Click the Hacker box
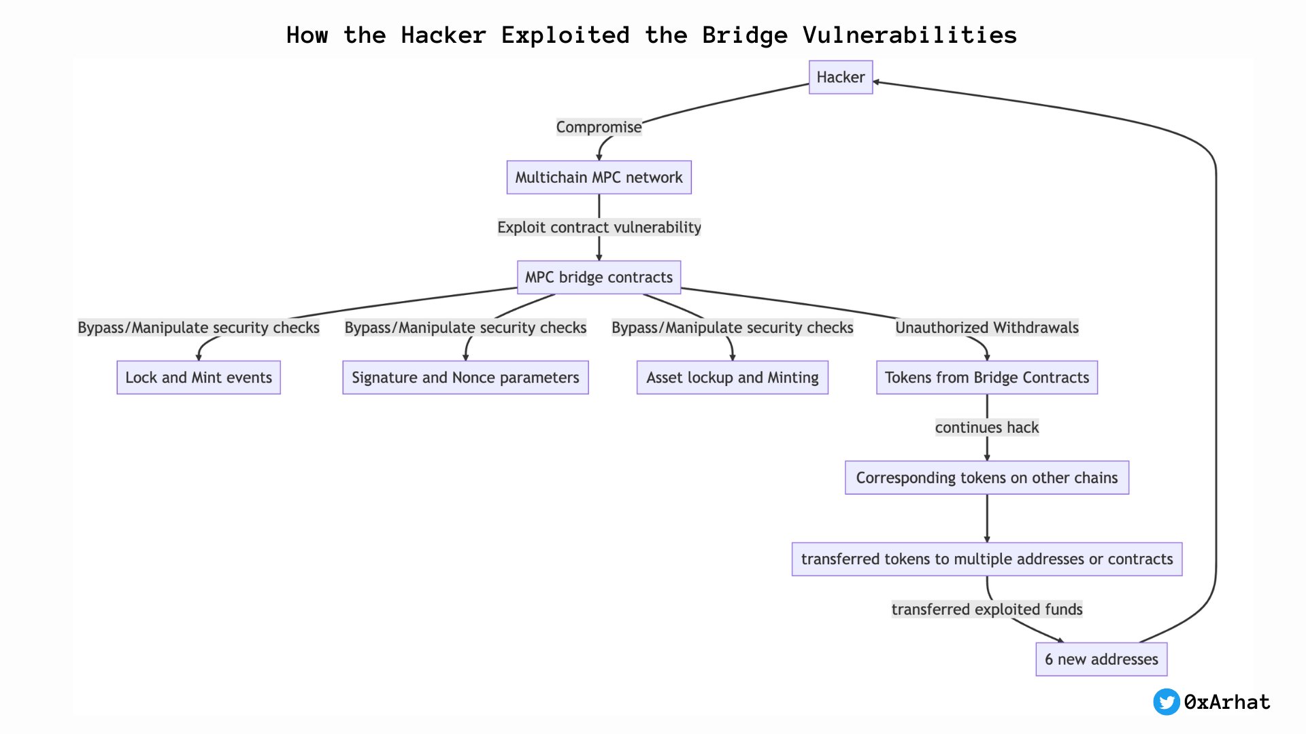pos(840,77)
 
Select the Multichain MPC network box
pos(599,177)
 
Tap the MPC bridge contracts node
pos(599,277)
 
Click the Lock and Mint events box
pos(199,378)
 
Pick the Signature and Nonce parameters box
pos(465,378)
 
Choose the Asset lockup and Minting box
pos(732,378)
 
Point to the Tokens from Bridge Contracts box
pos(986,378)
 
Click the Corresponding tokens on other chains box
pos(986,478)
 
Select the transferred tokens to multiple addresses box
pos(986,559)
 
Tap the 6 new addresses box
pos(1101,659)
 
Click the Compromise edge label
pos(599,127)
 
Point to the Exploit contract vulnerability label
pos(599,227)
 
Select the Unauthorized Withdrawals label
pos(986,328)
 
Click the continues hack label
pos(986,427)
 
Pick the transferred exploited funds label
pos(986,609)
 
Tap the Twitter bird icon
pos(1166,702)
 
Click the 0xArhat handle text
pos(1227,702)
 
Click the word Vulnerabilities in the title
pos(909,35)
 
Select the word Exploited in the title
pos(565,35)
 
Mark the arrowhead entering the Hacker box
pos(877,82)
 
